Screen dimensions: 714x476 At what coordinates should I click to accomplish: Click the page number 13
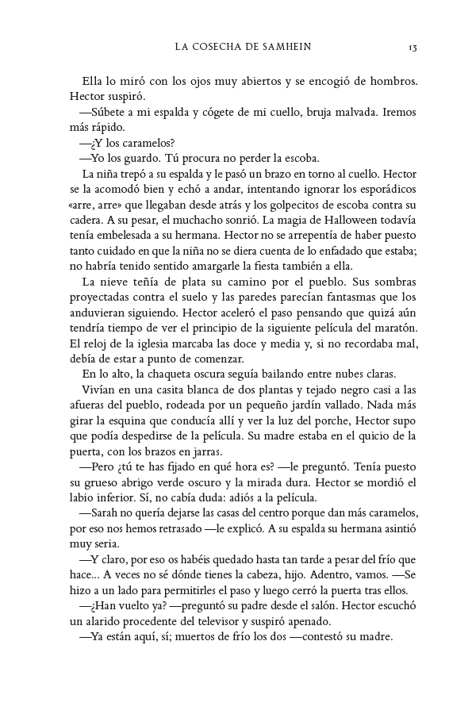pyautogui.click(x=413, y=48)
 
